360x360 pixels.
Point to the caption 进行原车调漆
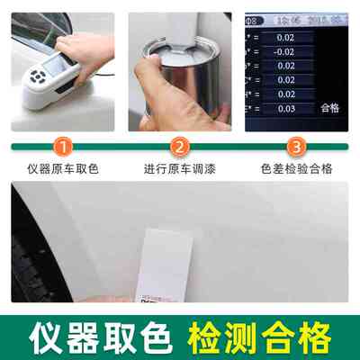click(x=179, y=168)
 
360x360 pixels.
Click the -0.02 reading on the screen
click(x=284, y=51)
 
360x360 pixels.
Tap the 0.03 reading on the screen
click(x=284, y=108)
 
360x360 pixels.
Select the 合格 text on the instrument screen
click(x=329, y=108)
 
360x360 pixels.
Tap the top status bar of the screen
click(x=296, y=17)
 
